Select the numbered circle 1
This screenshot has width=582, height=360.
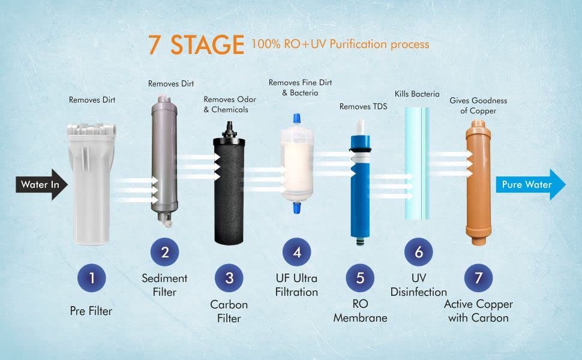92,278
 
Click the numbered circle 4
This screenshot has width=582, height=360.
296,252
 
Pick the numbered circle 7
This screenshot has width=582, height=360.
478,278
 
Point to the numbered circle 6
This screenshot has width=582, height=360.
419,252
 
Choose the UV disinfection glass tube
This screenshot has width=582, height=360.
418,162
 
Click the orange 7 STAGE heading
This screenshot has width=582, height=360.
196,44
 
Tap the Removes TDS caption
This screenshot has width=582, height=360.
363,107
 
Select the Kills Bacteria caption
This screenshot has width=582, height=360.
417,94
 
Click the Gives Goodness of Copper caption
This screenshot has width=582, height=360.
478,106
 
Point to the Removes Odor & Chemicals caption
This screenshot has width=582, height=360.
230,104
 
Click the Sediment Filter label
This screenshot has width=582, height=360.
164,285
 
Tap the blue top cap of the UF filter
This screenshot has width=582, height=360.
296,118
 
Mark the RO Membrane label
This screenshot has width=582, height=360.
360,311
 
